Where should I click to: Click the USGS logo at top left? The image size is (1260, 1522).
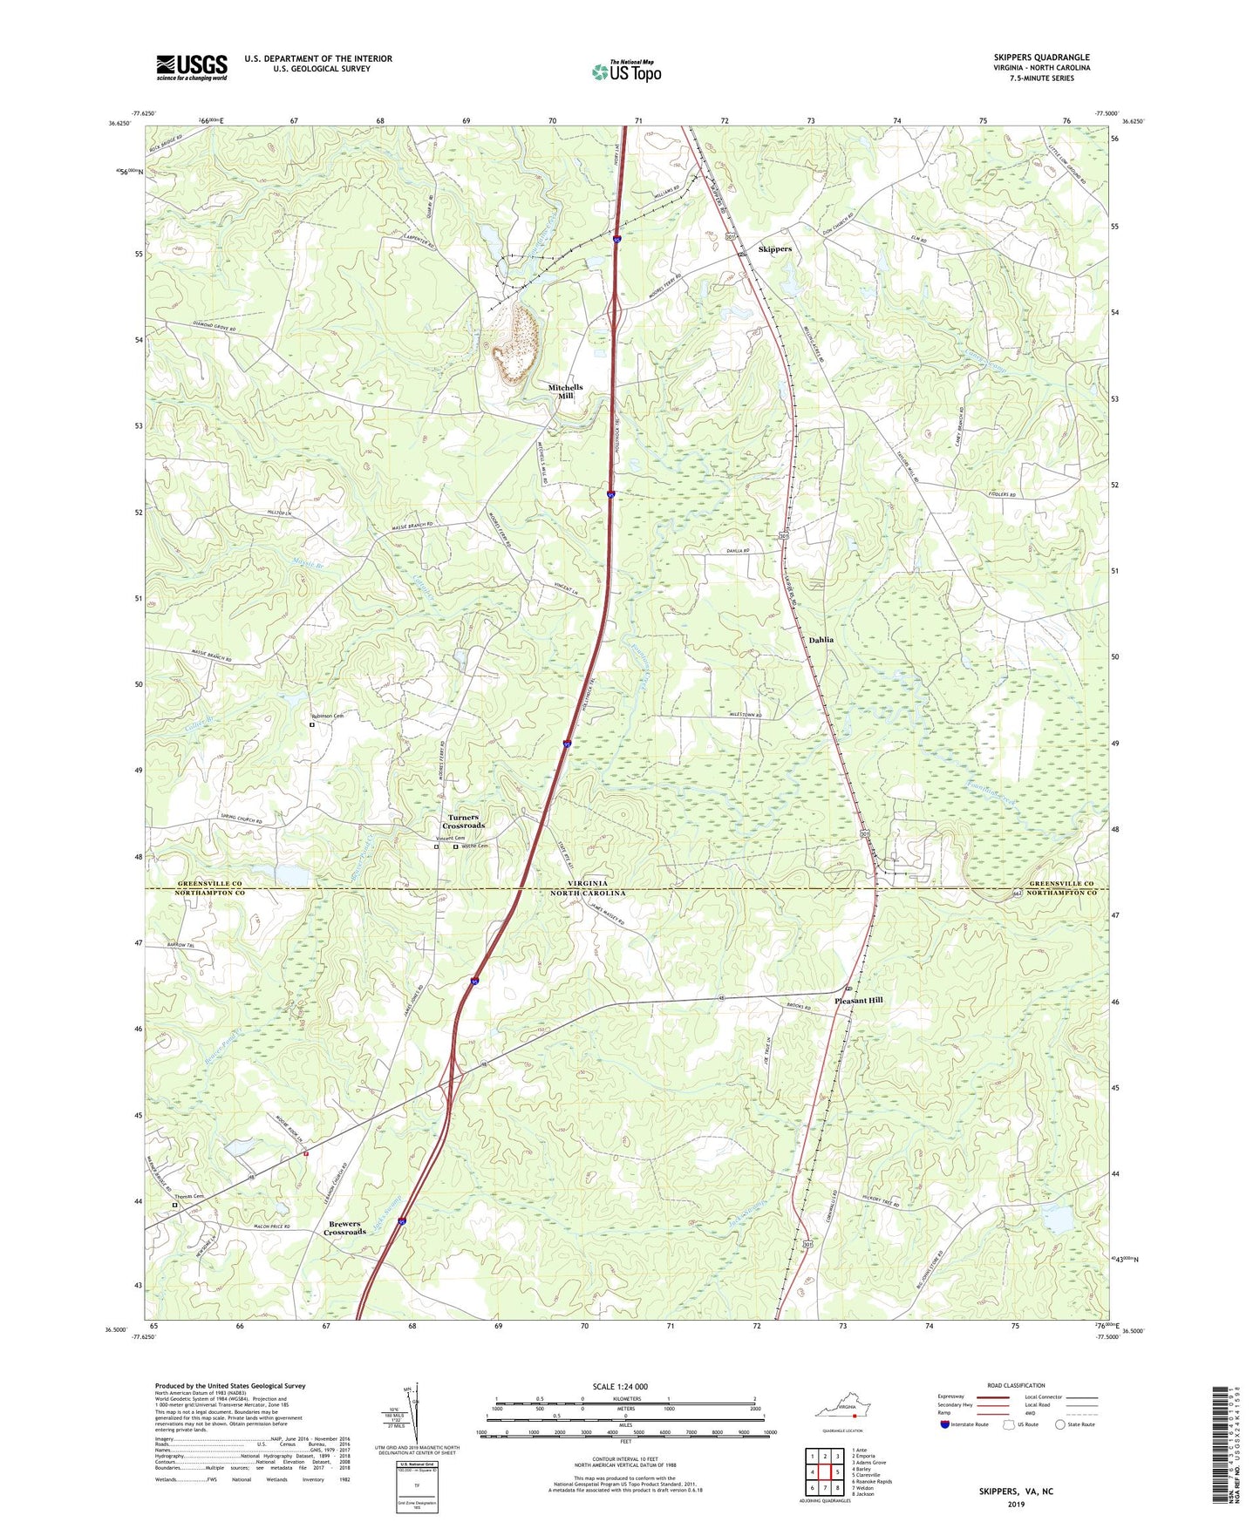[192, 67]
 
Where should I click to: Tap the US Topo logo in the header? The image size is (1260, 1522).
[626, 71]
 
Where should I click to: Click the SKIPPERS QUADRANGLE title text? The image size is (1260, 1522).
[1041, 58]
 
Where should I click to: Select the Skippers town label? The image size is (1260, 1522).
[774, 249]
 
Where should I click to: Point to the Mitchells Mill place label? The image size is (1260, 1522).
[565, 391]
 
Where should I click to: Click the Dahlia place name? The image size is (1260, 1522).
[821, 640]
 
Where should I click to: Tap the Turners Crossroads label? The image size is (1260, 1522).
[463, 821]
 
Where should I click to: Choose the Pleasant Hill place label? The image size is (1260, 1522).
[858, 1001]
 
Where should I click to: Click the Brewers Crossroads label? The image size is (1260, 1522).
[345, 1228]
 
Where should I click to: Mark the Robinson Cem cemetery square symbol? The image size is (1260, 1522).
[312, 724]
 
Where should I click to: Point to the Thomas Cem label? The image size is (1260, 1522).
[188, 1197]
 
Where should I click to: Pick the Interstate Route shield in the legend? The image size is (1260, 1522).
[945, 1424]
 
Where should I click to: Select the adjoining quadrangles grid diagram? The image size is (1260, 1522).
[824, 1471]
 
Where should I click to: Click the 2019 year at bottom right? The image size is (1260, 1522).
[1016, 1504]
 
